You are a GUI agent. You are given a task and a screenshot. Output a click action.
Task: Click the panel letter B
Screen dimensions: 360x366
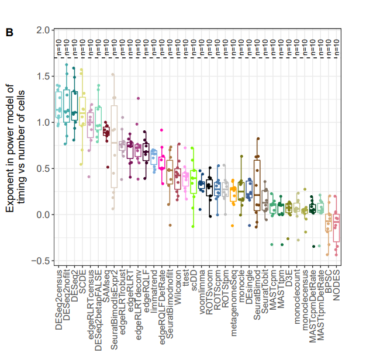tap(9, 33)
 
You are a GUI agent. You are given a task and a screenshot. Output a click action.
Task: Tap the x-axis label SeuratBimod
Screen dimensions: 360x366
tap(257, 296)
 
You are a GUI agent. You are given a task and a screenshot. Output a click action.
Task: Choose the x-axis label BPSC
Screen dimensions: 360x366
tap(329, 281)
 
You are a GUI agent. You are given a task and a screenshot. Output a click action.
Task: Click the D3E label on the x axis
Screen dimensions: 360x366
tap(289, 278)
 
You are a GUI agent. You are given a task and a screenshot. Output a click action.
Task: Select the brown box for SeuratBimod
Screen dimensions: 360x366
tap(257, 185)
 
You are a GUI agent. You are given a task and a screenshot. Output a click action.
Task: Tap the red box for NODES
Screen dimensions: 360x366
tap(336, 227)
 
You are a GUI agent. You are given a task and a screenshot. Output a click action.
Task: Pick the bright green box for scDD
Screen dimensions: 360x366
tap(194, 181)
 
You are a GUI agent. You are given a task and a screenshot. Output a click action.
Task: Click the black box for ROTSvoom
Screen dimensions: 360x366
tap(209, 188)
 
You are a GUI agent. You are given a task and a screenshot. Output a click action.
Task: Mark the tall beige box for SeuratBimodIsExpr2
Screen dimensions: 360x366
tap(114, 146)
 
